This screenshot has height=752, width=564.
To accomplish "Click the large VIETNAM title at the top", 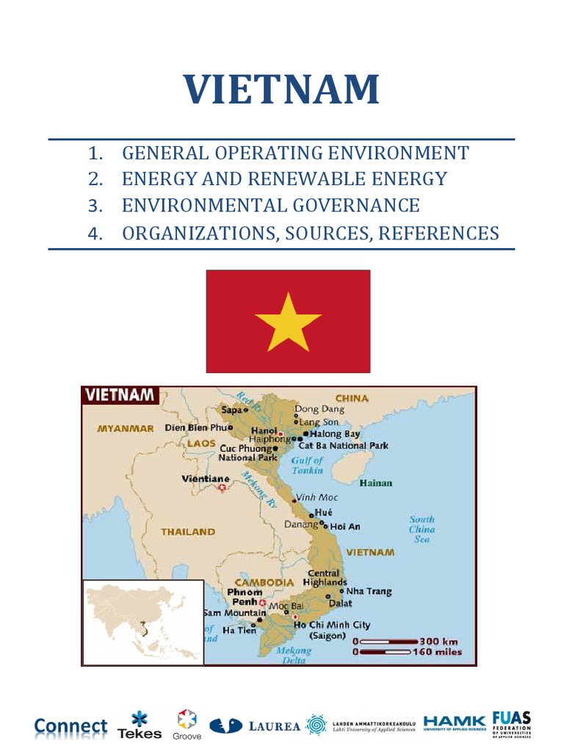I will click(282, 90).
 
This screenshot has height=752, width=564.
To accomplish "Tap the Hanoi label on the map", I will click(264, 430).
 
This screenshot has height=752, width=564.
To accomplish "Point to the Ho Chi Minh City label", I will click(332, 625).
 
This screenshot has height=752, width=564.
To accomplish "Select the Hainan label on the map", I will click(376, 483).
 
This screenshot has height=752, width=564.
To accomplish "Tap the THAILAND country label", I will click(188, 531).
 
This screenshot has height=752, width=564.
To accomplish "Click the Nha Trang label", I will click(369, 591).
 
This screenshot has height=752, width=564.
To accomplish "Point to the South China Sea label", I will click(422, 529).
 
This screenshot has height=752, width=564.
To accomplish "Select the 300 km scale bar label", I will click(440, 640).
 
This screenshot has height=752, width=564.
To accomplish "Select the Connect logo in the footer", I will click(70, 726).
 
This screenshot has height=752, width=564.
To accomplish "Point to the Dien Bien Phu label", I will click(196, 427).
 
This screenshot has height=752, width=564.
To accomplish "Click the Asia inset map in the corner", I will click(142, 621).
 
